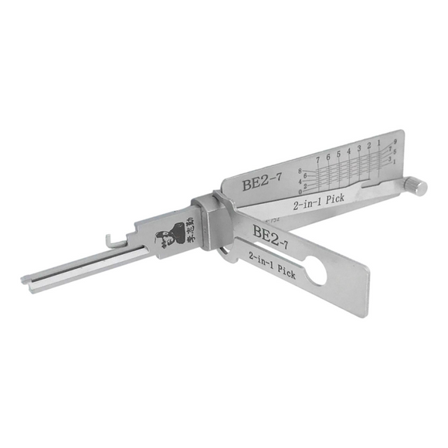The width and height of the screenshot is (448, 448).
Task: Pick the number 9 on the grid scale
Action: click(395, 141)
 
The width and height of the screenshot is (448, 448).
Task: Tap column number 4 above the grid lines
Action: click(349, 151)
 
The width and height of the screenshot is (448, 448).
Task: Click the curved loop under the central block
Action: click(227, 252)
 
